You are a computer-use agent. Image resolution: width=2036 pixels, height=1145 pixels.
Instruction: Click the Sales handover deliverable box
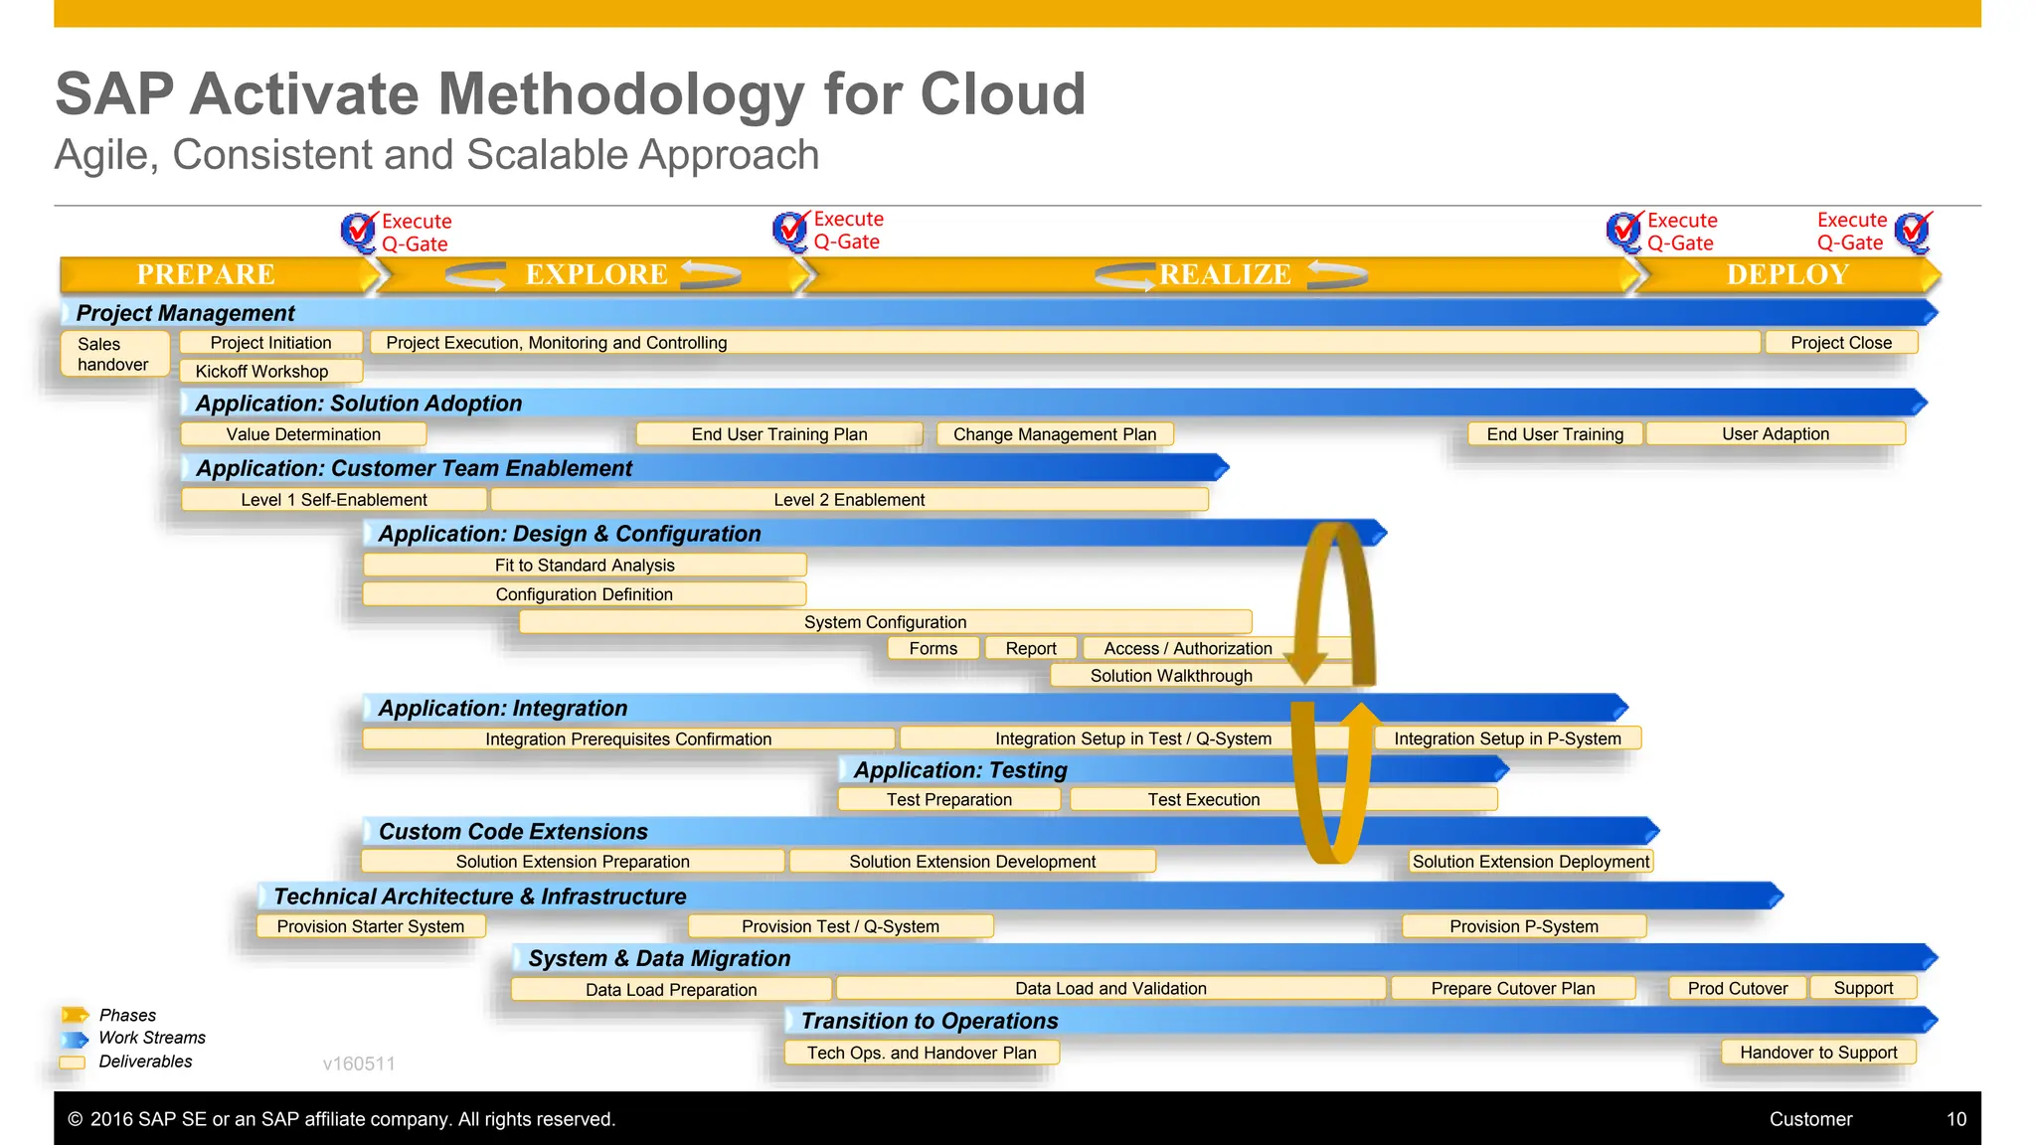113,354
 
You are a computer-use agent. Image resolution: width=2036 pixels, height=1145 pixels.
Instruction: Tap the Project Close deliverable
1840,343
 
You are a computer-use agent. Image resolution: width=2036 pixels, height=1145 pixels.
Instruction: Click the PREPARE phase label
206,274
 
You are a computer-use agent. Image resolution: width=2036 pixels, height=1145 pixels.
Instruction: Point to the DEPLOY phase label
1786,274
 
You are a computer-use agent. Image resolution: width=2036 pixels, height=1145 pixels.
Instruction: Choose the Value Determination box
303,434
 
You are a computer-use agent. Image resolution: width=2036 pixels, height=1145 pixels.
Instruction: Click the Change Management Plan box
1054,434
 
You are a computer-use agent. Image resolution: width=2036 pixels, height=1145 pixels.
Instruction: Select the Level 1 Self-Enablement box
334,500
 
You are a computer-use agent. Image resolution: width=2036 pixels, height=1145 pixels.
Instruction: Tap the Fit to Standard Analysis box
585,566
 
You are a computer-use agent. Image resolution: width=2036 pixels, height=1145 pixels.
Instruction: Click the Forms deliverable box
933,649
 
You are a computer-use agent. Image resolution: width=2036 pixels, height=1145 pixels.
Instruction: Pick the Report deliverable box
1030,649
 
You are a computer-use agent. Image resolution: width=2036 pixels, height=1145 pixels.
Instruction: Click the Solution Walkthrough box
1171,676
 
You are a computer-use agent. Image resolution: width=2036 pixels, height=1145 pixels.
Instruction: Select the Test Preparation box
948,800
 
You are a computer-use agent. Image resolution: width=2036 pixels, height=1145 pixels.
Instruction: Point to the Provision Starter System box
370,926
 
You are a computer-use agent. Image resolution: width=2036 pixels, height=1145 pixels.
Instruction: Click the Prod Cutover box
1737,989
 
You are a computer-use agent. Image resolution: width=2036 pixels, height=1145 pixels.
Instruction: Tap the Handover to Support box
1817,1053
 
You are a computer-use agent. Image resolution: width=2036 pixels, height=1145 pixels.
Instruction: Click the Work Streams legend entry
151,1038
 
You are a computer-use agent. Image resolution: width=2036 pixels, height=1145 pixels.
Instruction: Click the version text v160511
359,1063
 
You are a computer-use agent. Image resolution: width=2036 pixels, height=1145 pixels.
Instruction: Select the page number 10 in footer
1955,1119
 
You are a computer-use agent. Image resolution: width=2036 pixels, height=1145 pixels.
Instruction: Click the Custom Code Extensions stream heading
513,832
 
